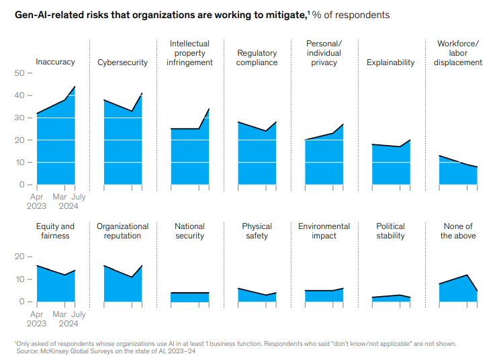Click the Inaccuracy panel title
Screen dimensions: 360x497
55,62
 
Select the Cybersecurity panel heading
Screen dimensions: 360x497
123,62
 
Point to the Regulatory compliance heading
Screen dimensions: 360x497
257,58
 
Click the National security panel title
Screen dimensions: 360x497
190,231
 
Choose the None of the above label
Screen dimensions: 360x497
458,231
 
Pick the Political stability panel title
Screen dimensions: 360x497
391,231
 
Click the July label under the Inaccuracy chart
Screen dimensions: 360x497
78,197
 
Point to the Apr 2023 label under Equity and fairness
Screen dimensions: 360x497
37,318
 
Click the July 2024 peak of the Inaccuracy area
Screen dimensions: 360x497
75,87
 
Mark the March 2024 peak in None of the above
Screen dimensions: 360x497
467,275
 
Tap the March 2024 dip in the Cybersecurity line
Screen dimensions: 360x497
132,111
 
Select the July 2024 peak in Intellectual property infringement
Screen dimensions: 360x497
209,109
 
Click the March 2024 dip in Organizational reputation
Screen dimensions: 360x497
132,277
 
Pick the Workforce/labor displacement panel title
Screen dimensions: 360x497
459,53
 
